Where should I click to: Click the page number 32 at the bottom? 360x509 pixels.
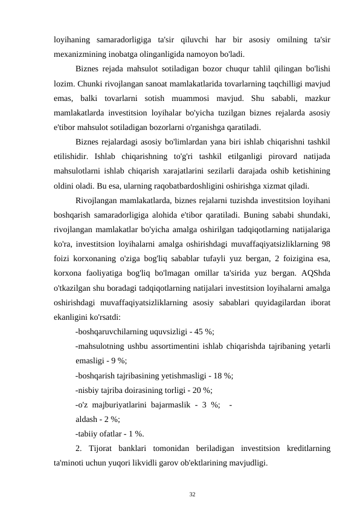(x=192, y=494)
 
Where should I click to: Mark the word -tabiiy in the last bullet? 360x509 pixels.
(x=88, y=433)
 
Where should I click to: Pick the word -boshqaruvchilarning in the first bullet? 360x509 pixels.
(x=114, y=331)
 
